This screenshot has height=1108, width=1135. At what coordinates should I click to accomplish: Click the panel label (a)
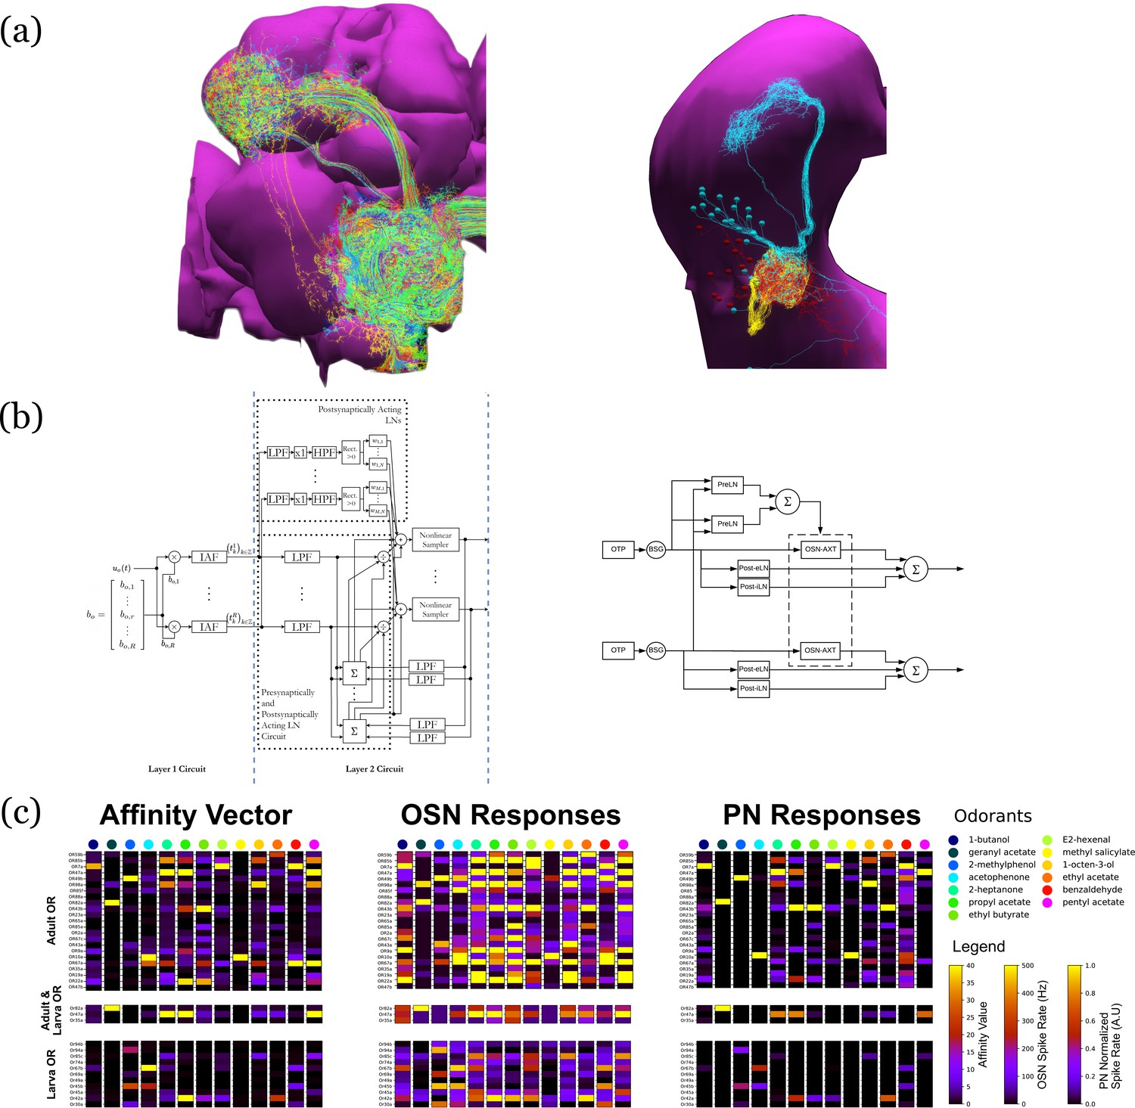coord(20,32)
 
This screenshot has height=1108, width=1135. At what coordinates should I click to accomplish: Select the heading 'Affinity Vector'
coord(195,815)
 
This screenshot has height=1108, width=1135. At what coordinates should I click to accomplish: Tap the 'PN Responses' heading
coord(821,815)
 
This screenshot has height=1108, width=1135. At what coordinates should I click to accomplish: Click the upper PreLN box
coord(727,484)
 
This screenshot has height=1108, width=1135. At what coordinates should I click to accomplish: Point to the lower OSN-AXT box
coord(820,650)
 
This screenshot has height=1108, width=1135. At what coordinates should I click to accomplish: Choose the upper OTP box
coord(618,549)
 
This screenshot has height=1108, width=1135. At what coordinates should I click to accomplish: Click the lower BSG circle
coord(656,650)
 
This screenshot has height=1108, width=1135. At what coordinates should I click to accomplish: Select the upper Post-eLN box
coord(754,568)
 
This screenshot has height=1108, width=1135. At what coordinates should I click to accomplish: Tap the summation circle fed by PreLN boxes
coord(788,501)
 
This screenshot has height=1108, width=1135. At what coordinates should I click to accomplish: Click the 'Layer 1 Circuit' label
coord(176,769)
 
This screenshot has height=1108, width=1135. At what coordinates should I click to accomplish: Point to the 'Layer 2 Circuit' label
coord(375,769)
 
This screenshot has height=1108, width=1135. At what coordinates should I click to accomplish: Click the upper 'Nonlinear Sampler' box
coord(435,540)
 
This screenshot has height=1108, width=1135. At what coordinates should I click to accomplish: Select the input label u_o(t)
coord(122,569)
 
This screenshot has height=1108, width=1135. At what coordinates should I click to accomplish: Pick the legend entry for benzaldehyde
coord(1092,889)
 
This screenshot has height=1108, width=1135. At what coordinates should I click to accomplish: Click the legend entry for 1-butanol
coord(988,840)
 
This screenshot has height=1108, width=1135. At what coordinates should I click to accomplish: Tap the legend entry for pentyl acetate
coord(1093,902)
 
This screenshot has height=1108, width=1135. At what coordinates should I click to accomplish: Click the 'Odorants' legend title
coord(993,816)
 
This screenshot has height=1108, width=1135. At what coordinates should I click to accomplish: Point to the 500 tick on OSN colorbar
coord(1028,966)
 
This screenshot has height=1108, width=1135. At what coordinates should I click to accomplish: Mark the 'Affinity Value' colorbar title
coord(983,1034)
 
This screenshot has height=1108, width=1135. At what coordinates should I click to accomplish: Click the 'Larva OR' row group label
coord(51,1074)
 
